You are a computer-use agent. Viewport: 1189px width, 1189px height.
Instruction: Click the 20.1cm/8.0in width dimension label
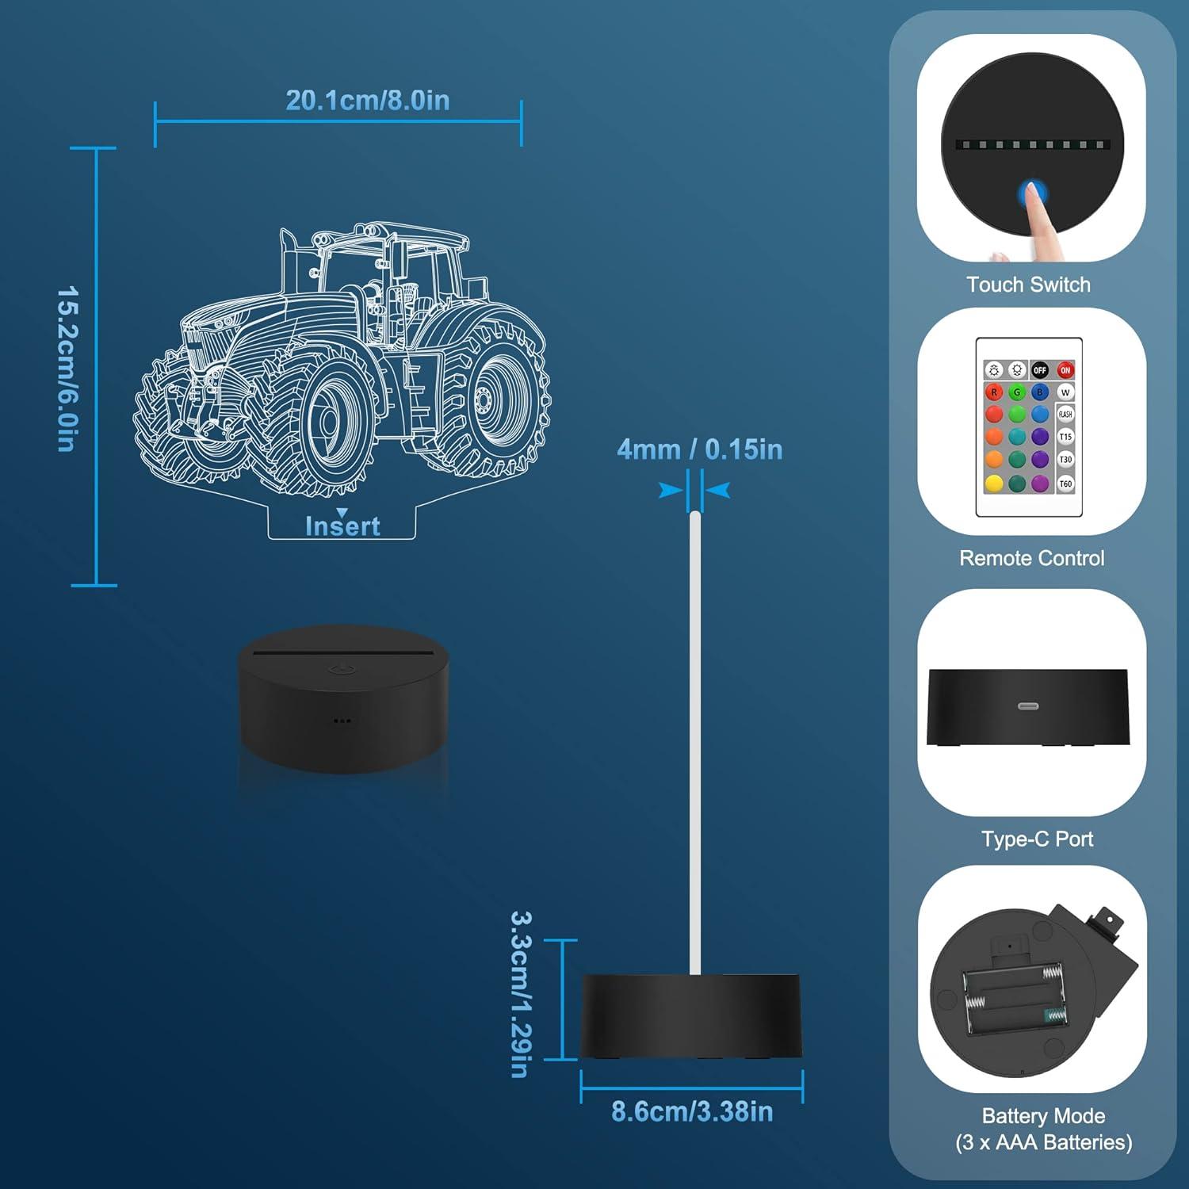pyautogui.click(x=367, y=101)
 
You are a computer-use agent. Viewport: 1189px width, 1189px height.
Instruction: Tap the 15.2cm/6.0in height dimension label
pyautogui.click(x=67, y=369)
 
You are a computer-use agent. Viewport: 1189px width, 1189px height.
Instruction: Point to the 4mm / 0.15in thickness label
pyautogui.click(x=699, y=449)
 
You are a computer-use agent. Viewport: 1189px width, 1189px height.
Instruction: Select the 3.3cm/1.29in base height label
pyautogui.click(x=520, y=994)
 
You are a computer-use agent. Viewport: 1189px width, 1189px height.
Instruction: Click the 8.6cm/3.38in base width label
pyautogui.click(x=692, y=1111)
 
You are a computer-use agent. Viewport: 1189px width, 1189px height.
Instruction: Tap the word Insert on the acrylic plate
pyautogui.click(x=342, y=526)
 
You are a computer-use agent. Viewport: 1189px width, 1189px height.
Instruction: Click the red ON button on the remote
pyautogui.click(x=1065, y=370)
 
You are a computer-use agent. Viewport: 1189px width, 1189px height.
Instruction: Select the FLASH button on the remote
pyautogui.click(x=1065, y=414)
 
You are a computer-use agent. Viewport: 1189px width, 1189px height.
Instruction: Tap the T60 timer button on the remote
pyautogui.click(x=1065, y=484)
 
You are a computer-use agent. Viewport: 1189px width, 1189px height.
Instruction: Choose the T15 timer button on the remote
pyautogui.click(x=1065, y=437)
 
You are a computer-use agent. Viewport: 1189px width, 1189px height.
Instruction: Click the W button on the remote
pyautogui.click(x=1065, y=392)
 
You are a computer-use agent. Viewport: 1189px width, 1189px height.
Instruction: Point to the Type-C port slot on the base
pyautogui.click(x=1028, y=705)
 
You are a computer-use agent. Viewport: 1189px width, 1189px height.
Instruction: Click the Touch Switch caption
pyautogui.click(x=1028, y=285)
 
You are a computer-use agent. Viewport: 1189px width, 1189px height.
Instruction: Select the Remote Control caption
pyautogui.click(x=1031, y=558)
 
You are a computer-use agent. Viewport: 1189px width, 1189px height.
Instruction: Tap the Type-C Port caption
pyautogui.click(x=1037, y=839)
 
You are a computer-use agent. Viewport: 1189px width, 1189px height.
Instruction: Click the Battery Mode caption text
pyautogui.click(x=1043, y=1116)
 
